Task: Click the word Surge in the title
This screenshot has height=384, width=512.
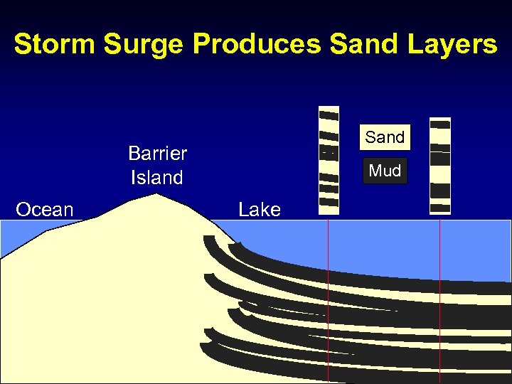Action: [145, 44]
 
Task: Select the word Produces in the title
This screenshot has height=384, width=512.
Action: [257, 44]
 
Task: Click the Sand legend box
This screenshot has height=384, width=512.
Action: [385, 137]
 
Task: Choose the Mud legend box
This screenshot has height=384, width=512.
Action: [385, 171]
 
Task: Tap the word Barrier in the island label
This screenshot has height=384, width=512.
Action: [157, 154]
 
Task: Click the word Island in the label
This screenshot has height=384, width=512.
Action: [156, 178]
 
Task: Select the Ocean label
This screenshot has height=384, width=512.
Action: [45, 210]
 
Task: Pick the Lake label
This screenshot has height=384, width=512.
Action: [260, 210]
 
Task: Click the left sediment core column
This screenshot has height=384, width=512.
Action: [329, 161]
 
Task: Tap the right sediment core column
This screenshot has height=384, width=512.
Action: [440, 166]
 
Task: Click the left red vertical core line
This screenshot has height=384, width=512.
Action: [328, 299]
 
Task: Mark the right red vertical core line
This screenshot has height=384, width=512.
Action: [440, 299]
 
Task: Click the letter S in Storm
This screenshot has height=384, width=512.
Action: [23, 44]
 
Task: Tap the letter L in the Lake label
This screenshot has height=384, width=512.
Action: [243, 210]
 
